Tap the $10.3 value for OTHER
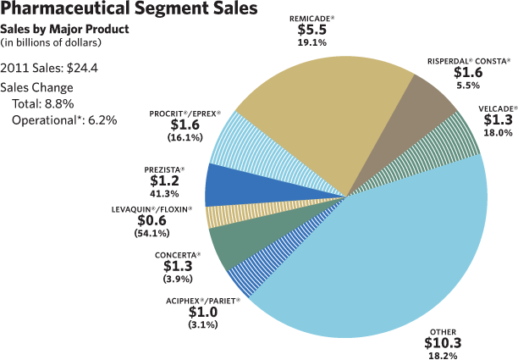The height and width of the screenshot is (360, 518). pos(444,342)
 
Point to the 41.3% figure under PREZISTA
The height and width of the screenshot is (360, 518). pos(164,194)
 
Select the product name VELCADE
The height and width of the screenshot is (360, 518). pos(497,108)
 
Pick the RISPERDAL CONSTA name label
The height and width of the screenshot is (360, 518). pos(467,62)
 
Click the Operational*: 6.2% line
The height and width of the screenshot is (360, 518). pos(64,119)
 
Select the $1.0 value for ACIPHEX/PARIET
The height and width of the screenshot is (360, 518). pos(203,312)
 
